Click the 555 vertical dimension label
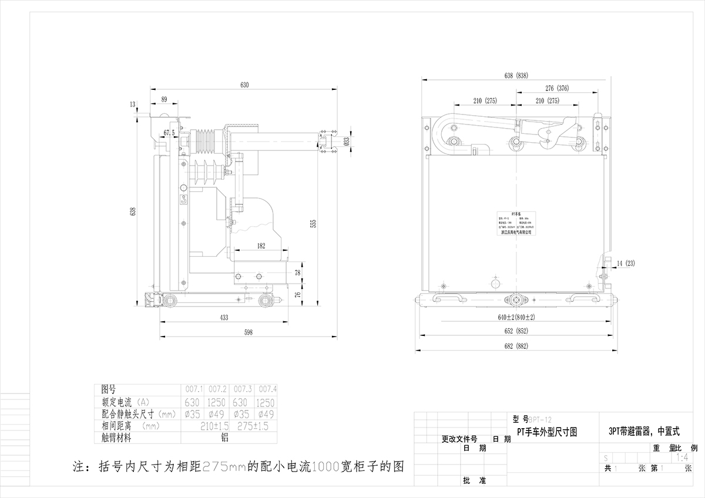click(313, 223)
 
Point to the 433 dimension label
click(224, 318)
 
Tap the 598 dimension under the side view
click(248, 332)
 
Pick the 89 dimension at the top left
click(164, 99)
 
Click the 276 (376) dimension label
click(557, 89)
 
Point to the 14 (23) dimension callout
click(626, 263)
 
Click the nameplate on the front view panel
click(514, 223)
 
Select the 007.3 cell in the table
click(242, 389)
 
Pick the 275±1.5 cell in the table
click(252, 425)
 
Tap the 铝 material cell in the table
click(224, 437)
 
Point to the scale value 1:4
click(682, 457)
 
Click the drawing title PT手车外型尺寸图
click(546, 432)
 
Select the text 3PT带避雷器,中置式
click(644, 432)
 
